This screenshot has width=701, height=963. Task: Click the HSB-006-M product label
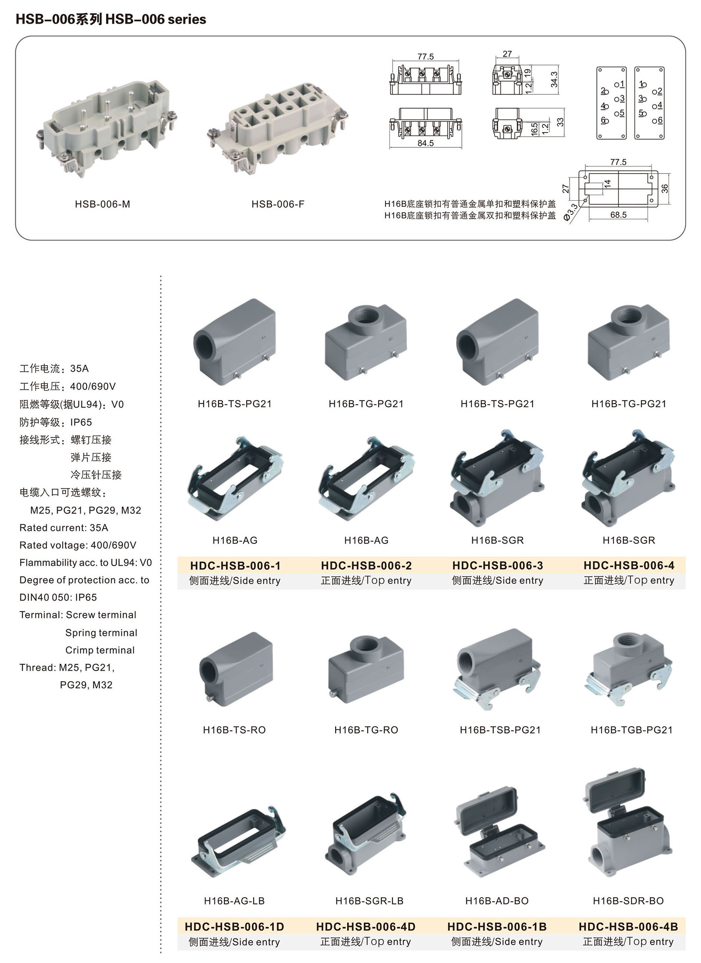pos(102,204)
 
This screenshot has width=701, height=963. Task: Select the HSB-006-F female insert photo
pos(278,129)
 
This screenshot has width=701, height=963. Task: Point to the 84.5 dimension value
pos(425,143)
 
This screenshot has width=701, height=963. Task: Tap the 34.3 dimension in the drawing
pos(554,79)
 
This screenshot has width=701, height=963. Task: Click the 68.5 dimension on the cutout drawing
pos(618,215)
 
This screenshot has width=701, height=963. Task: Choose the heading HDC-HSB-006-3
pos(497,565)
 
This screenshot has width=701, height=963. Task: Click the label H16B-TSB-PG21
pos(500,730)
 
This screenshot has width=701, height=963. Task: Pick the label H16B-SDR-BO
pos(628,901)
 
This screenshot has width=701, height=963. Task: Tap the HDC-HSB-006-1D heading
pos(234,927)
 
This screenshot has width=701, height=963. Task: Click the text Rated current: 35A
pos(64,528)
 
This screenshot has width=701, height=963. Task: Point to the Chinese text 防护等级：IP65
pos(56,422)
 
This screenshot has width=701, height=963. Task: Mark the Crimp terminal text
pos(100,650)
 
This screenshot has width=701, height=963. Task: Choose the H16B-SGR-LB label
pos(369,901)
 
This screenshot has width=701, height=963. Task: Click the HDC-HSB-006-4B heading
pos(628,927)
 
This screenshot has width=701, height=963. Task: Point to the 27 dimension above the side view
pos(507,54)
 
